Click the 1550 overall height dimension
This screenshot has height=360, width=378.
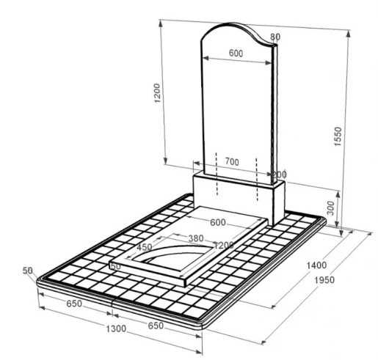338,136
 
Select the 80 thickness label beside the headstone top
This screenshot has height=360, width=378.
275,37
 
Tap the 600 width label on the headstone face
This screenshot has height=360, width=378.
236,53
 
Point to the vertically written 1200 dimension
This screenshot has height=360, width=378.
157,93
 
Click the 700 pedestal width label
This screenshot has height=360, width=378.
232,162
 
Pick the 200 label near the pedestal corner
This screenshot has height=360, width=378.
280,175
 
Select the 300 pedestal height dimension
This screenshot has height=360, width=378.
330,208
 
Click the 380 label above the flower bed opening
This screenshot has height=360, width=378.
196,238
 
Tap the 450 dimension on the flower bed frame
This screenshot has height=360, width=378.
145,247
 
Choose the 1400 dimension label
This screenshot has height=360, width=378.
316,265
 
